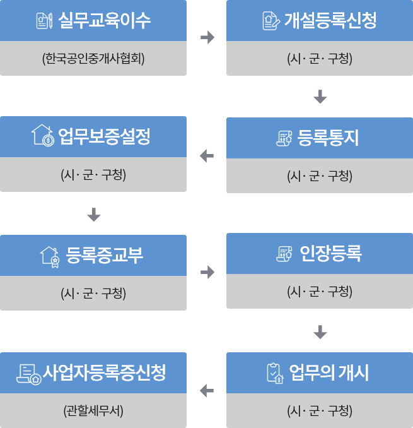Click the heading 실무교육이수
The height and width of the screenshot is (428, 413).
[x=105, y=21]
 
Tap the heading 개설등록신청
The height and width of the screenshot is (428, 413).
[x=330, y=21]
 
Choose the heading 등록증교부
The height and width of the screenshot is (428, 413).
[x=105, y=255]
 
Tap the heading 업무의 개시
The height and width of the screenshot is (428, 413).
[x=329, y=372]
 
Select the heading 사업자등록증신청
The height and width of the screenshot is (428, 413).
[x=105, y=372]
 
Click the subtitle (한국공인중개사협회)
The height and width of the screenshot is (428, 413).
[x=93, y=59]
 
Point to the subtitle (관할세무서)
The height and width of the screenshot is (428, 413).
[x=93, y=410]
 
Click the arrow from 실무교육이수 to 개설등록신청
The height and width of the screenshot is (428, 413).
[x=207, y=38]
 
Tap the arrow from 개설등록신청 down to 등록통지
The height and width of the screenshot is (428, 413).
[x=320, y=97]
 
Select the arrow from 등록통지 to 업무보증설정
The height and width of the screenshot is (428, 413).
[x=207, y=155]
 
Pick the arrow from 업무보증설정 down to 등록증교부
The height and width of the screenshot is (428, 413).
[x=93, y=215]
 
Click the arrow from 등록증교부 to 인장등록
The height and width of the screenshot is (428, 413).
[x=207, y=273]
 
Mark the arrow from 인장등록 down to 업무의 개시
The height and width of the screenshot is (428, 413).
[x=320, y=332]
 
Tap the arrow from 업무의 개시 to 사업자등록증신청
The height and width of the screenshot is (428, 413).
[x=207, y=391]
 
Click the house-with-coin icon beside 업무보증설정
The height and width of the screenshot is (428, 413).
[x=44, y=136]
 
